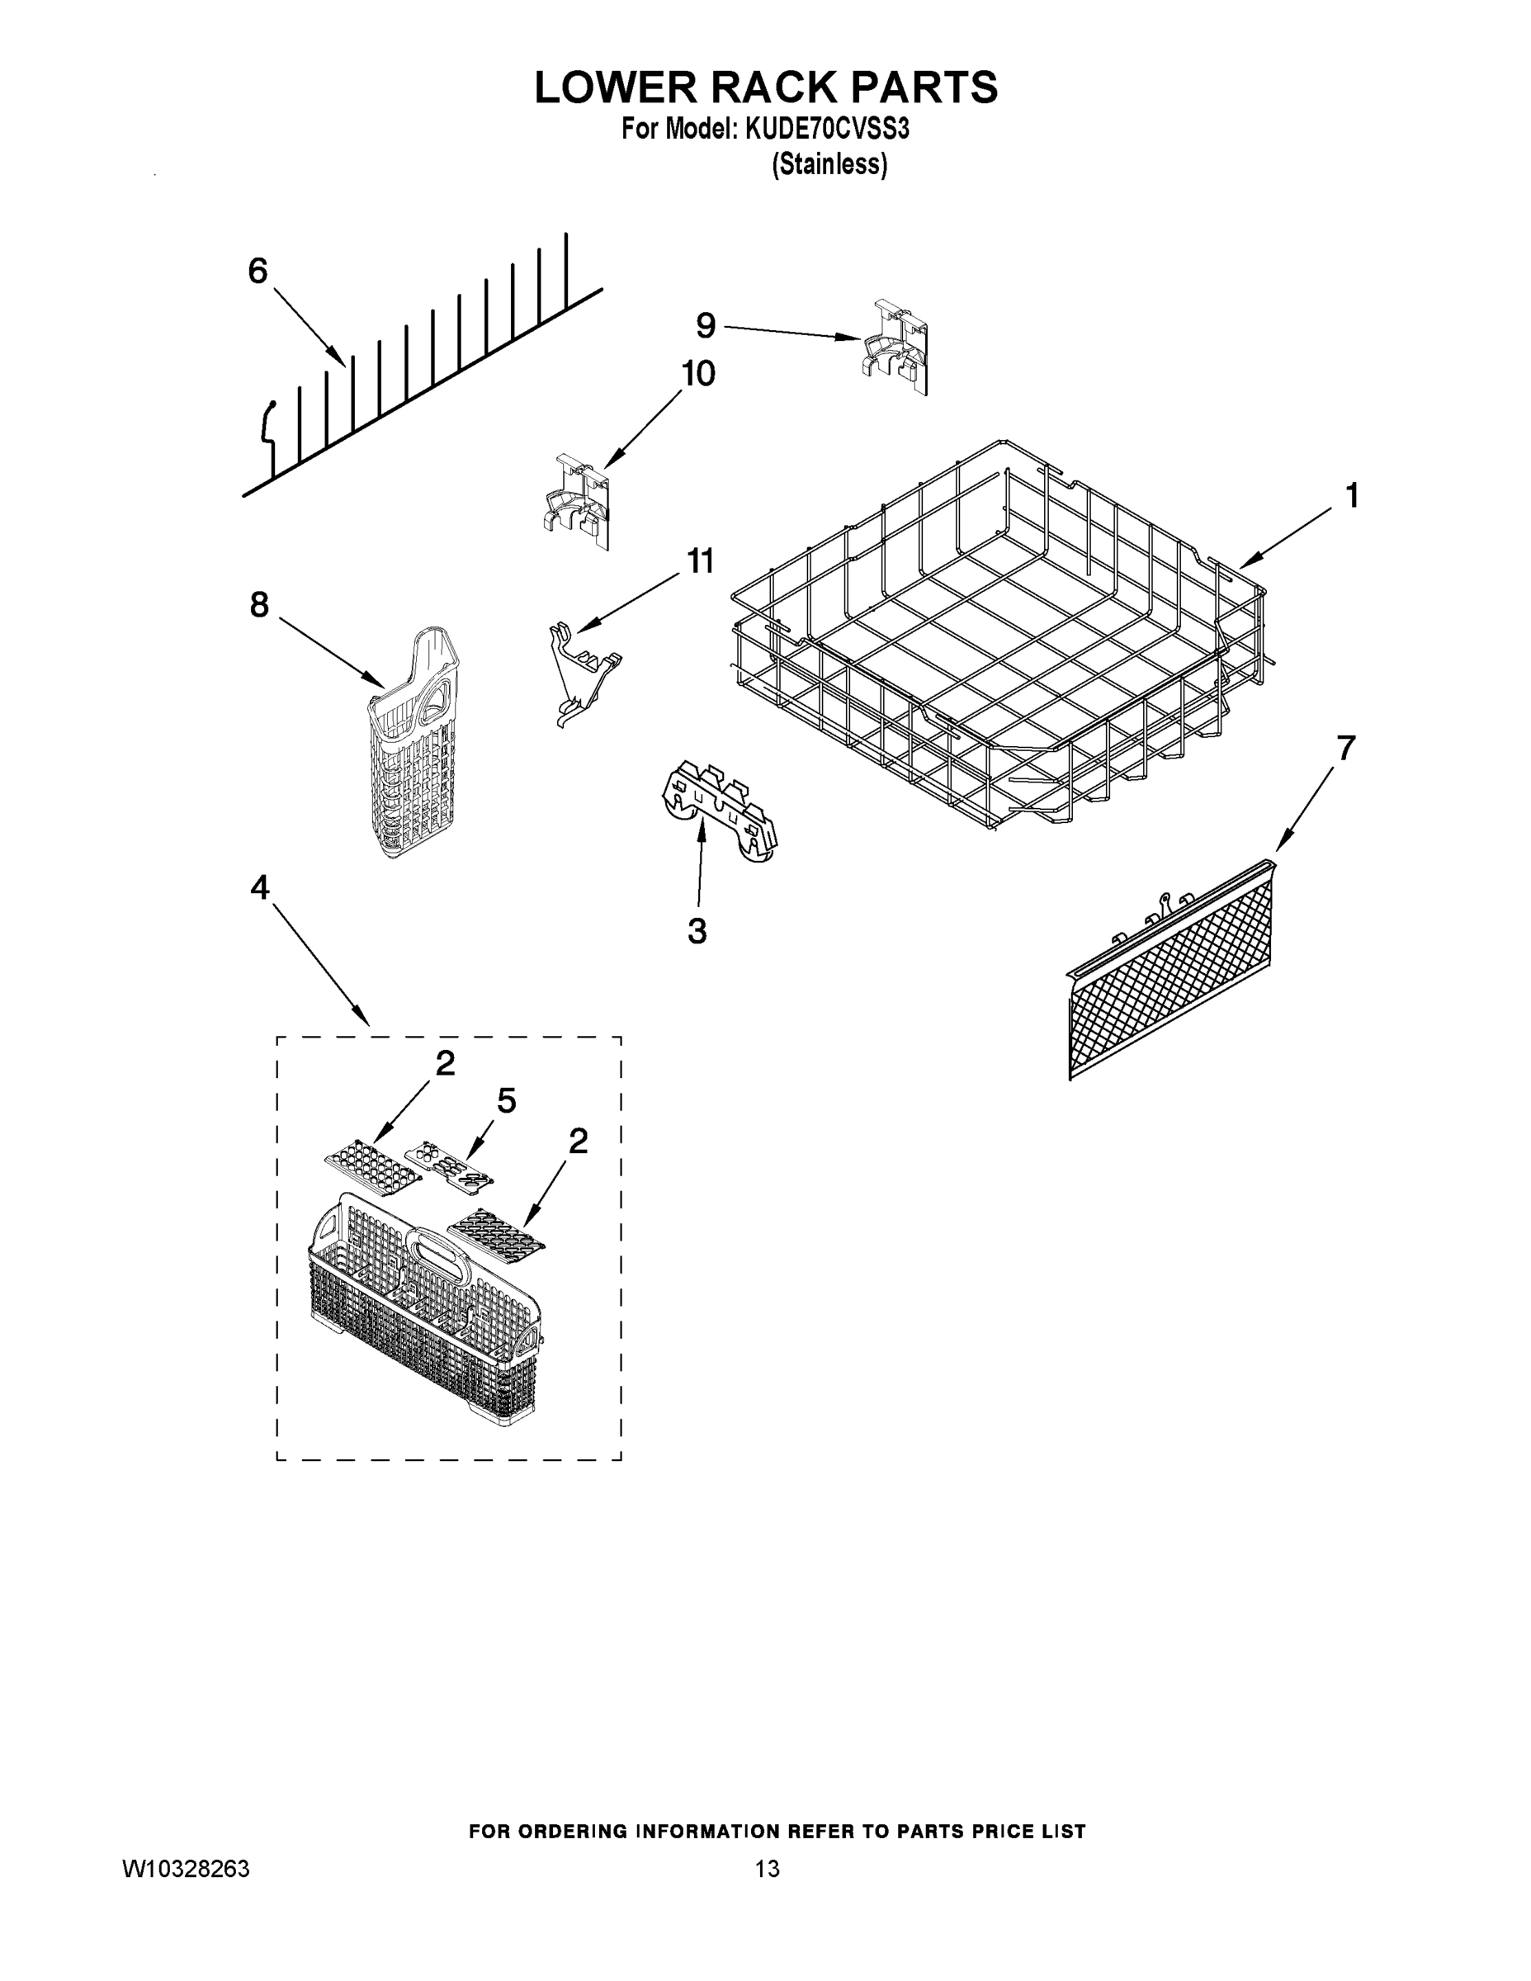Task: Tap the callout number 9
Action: click(705, 326)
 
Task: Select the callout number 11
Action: click(699, 560)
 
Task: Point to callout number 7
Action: click(1345, 749)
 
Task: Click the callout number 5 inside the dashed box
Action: click(506, 1101)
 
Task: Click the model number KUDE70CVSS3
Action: click(826, 130)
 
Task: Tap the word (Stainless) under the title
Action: click(829, 165)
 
